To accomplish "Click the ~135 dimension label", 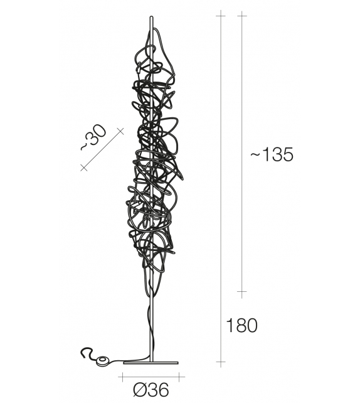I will coord(272,155).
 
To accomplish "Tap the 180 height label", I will coord(241,326).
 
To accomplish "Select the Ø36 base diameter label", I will coord(151,390).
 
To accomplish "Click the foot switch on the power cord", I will coord(102,360).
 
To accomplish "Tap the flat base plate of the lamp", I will coord(151,362).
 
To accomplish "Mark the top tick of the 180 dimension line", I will coord(220,14).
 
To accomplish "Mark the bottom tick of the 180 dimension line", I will coord(220,362).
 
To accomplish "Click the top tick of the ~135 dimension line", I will coord(241,14).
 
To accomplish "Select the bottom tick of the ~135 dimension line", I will coord(241,292).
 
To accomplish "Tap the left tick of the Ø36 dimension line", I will coord(120,377).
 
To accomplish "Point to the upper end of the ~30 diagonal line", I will coord(120,130).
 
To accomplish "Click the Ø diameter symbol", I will coord(140,390).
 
